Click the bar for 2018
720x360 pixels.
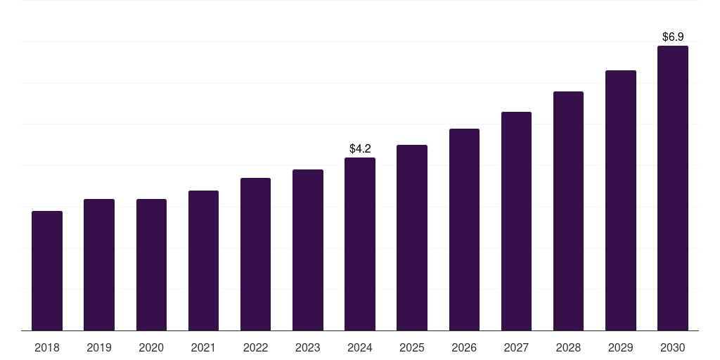pyautogui.click(x=47, y=271)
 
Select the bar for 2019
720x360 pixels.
pyautogui.click(x=99, y=264)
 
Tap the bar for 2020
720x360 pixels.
pyautogui.click(x=151, y=264)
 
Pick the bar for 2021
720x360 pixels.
pyautogui.click(x=203, y=260)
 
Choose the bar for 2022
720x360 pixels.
pyautogui.click(x=255, y=254)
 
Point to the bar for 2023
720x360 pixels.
pyautogui.click(x=308, y=250)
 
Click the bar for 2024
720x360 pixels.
pyautogui.click(x=360, y=244)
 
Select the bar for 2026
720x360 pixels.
pyautogui.click(x=464, y=229)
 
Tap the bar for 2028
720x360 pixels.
pyautogui.click(x=568, y=211)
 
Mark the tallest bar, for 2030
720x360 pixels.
pyautogui.click(x=673, y=188)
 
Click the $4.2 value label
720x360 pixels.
pyautogui.click(x=360, y=148)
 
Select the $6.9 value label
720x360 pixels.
pyautogui.click(x=673, y=37)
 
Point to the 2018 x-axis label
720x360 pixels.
pyautogui.click(x=47, y=347)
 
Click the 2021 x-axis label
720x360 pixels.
pyautogui.click(x=203, y=347)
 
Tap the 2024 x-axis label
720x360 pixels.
pyautogui.click(x=360, y=347)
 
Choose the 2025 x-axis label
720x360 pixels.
pyautogui.click(x=412, y=347)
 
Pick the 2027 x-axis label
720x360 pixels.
pyautogui.click(x=516, y=347)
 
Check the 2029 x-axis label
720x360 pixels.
pyautogui.click(x=621, y=347)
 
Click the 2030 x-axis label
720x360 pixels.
pyautogui.click(x=673, y=347)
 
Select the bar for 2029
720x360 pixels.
pyautogui.click(x=621, y=200)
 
